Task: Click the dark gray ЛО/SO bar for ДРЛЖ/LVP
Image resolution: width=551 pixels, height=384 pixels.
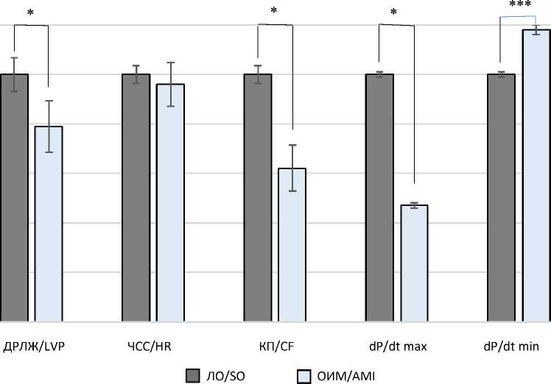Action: [x=14, y=198]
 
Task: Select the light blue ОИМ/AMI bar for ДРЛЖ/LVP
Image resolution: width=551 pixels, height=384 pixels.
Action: [x=49, y=224]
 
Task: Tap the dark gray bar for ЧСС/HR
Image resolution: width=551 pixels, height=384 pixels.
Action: [x=136, y=198]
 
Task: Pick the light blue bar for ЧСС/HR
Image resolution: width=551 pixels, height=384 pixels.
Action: [x=170, y=202]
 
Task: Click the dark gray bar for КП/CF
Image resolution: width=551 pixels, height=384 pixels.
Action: [x=258, y=198]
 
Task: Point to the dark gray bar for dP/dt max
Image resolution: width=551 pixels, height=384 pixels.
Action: [x=379, y=198]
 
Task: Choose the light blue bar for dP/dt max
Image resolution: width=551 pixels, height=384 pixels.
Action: [x=414, y=263]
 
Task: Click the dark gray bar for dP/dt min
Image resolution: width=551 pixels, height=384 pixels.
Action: [x=501, y=198]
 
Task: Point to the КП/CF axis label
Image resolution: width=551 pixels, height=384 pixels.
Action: [x=275, y=346]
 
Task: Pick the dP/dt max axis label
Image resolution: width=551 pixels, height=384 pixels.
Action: [x=397, y=346]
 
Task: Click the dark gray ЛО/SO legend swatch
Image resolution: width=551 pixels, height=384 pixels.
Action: [x=193, y=376]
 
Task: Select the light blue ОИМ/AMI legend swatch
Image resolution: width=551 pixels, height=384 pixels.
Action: [x=303, y=376]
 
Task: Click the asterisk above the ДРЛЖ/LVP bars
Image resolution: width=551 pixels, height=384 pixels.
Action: [x=30, y=13]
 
